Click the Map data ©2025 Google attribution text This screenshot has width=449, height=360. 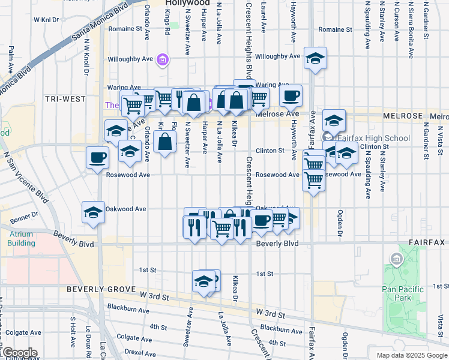point(411,355)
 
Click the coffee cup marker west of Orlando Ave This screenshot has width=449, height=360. point(97,158)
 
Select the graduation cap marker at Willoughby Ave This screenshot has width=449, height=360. point(315,58)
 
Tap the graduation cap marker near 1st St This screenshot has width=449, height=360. point(204,281)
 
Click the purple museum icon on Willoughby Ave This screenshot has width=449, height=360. point(163,60)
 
